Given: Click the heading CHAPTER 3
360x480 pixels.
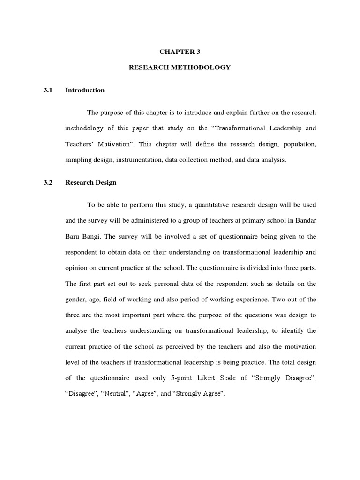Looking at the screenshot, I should pyautogui.click(x=180, y=52).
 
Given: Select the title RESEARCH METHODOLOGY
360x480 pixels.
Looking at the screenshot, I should pyautogui.click(x=180, y=67).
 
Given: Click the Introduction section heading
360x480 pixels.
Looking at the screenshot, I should pyautogui.click(x=85, y=90).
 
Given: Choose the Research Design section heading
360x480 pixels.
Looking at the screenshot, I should pyautogui.click(x=91, y=183).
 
